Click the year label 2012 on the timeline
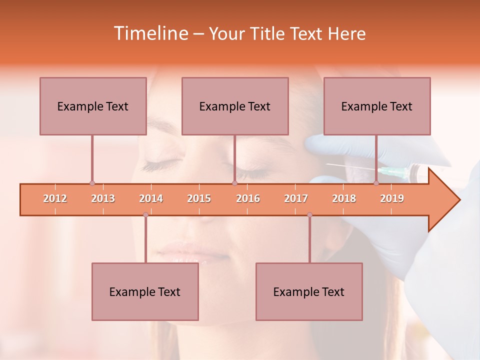pos(55,198)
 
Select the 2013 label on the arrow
pos(103,198)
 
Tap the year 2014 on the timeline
pos(151,198)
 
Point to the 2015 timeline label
pos(199,198)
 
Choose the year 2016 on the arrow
pos(248,198)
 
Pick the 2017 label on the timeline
pos(296,198)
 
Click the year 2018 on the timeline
pos(344,198)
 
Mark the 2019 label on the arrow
pos(392,198)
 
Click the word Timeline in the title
pos(150,33)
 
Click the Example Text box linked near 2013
pos(93,106)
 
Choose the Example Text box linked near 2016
pos(235,106)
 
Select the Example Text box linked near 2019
pos(377,106)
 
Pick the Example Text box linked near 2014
pos(145,291)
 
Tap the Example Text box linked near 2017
pos(309,291)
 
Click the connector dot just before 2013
pos(92,183)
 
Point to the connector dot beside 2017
pos(309,215)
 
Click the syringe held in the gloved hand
pos(395,172)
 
